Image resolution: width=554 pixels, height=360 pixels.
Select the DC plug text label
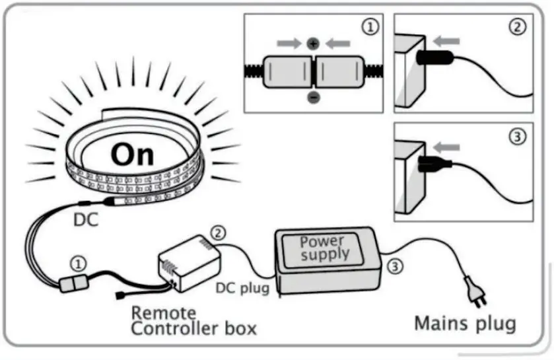(x=242, y=289)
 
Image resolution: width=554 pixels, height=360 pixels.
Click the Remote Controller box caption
(x=193, y=321)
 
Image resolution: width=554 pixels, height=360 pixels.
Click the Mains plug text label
(x=465, y=324)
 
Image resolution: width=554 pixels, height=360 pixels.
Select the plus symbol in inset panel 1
(x=313, y=44)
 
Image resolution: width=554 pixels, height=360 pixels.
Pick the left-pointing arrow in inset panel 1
(x=339, y=44)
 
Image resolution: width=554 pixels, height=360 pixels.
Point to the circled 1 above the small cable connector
(x=79, y=264)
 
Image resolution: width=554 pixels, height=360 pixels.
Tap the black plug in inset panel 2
(x=436, y=57)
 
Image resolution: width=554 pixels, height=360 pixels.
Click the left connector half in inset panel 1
(x=286, y=71)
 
